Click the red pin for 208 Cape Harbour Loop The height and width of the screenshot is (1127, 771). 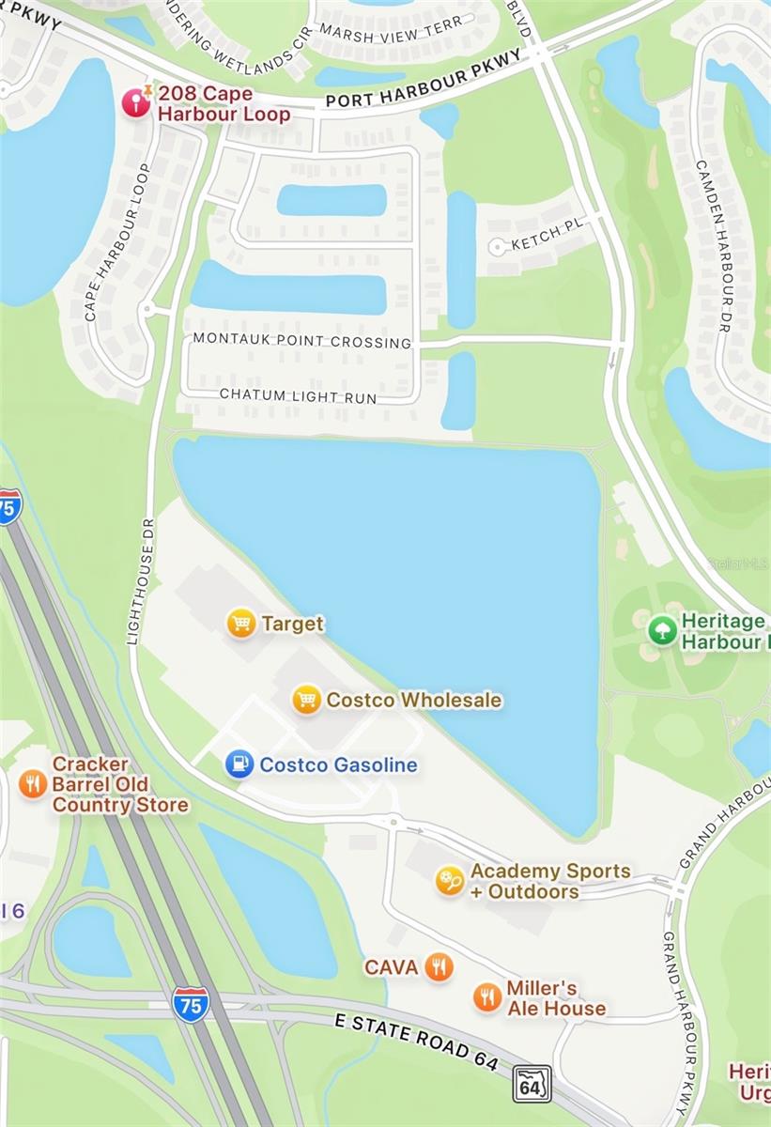pyautogui.click(x=137, y=101)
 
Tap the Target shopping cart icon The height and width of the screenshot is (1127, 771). pyautogui.click(x=241, y=623)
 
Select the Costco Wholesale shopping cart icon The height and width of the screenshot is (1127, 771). pyautogui.click(x=306, y=700)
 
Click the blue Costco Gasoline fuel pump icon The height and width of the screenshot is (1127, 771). pyautogui.click(x=239, y=764)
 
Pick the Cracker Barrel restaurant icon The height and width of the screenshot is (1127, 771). pyautogui.click(x=33, y=783)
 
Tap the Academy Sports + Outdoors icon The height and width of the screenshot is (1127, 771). pyautogui.click(x=450, y=881)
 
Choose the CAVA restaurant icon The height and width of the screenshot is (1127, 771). pyautogui.click(x=438, y=965)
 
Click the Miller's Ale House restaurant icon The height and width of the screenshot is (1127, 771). pyautogui.click(x=486, y=997)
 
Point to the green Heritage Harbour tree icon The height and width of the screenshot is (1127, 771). pyautogui.click(x=662, y=630)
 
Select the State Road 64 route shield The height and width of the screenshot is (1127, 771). pyautogui.click(x=532, y=1084)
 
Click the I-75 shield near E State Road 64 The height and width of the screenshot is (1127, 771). pyautogui.click(x=191, y=1004)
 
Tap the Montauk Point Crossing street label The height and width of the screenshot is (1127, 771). pyautogui.click(x=302, y=342)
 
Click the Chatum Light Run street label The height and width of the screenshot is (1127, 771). pyautogui.click(x=298, y=396)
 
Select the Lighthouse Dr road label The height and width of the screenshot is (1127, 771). pyautogui.click(x=146, y=582)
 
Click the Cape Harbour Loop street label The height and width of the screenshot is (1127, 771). pyautogui.click(x=117, y=242)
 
